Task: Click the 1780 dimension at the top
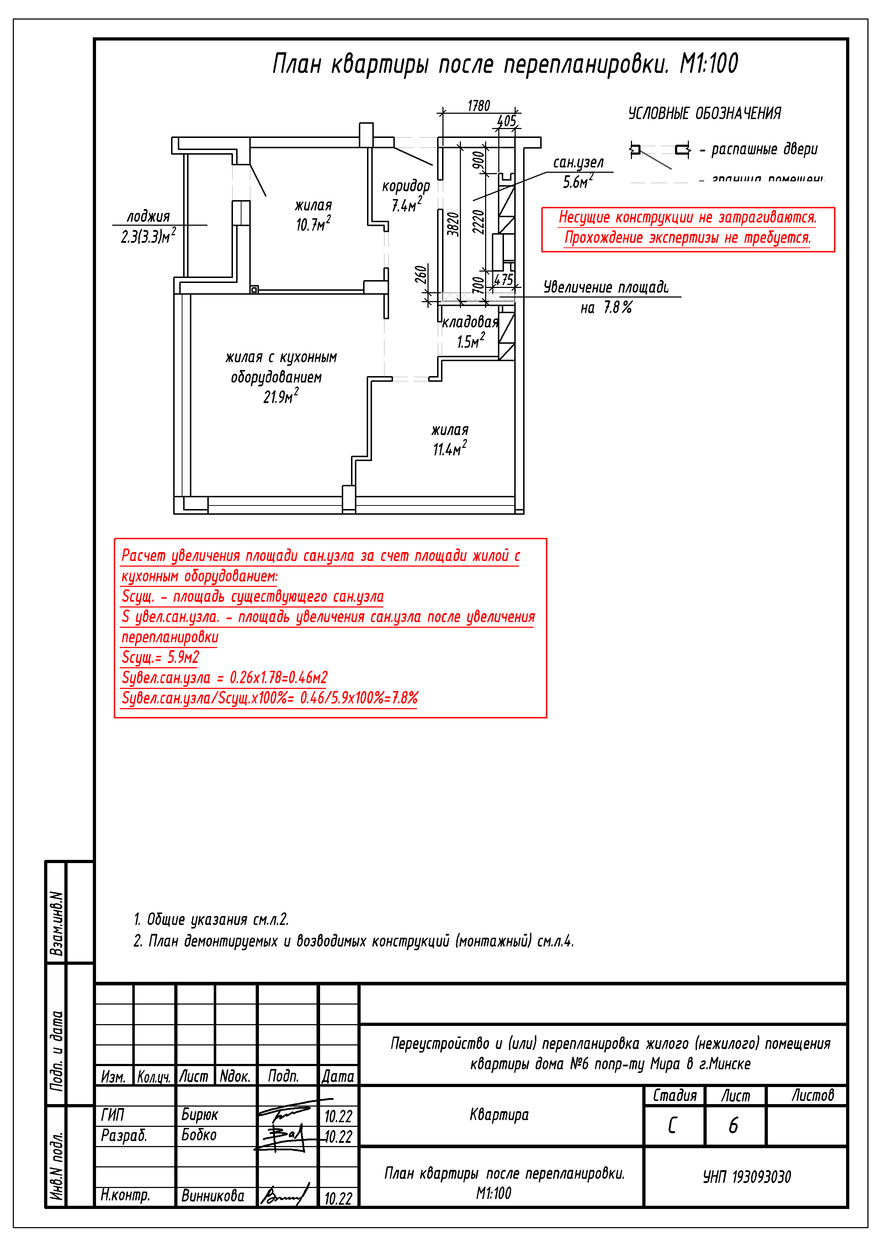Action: click(x=478, y=106)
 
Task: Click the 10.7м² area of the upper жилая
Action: click(x=313, y=224)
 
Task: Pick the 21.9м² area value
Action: click(x=280, y=396)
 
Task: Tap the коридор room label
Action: click(x=405, y=186)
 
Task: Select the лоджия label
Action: click(x=148, y=217)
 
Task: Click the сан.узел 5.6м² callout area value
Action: click(x=578, y=181)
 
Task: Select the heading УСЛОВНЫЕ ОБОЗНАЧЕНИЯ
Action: click(x=704, y=113)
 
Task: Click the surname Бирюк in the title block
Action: click(x=200, y=1115)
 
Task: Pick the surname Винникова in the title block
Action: click(x=212, y=1196)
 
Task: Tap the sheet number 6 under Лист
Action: click(x=733, y=1125)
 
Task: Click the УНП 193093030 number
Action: click(x=747, y=1177)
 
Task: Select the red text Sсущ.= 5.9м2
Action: click(x=160, y=657)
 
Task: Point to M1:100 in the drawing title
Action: click(x=709, y=64)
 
